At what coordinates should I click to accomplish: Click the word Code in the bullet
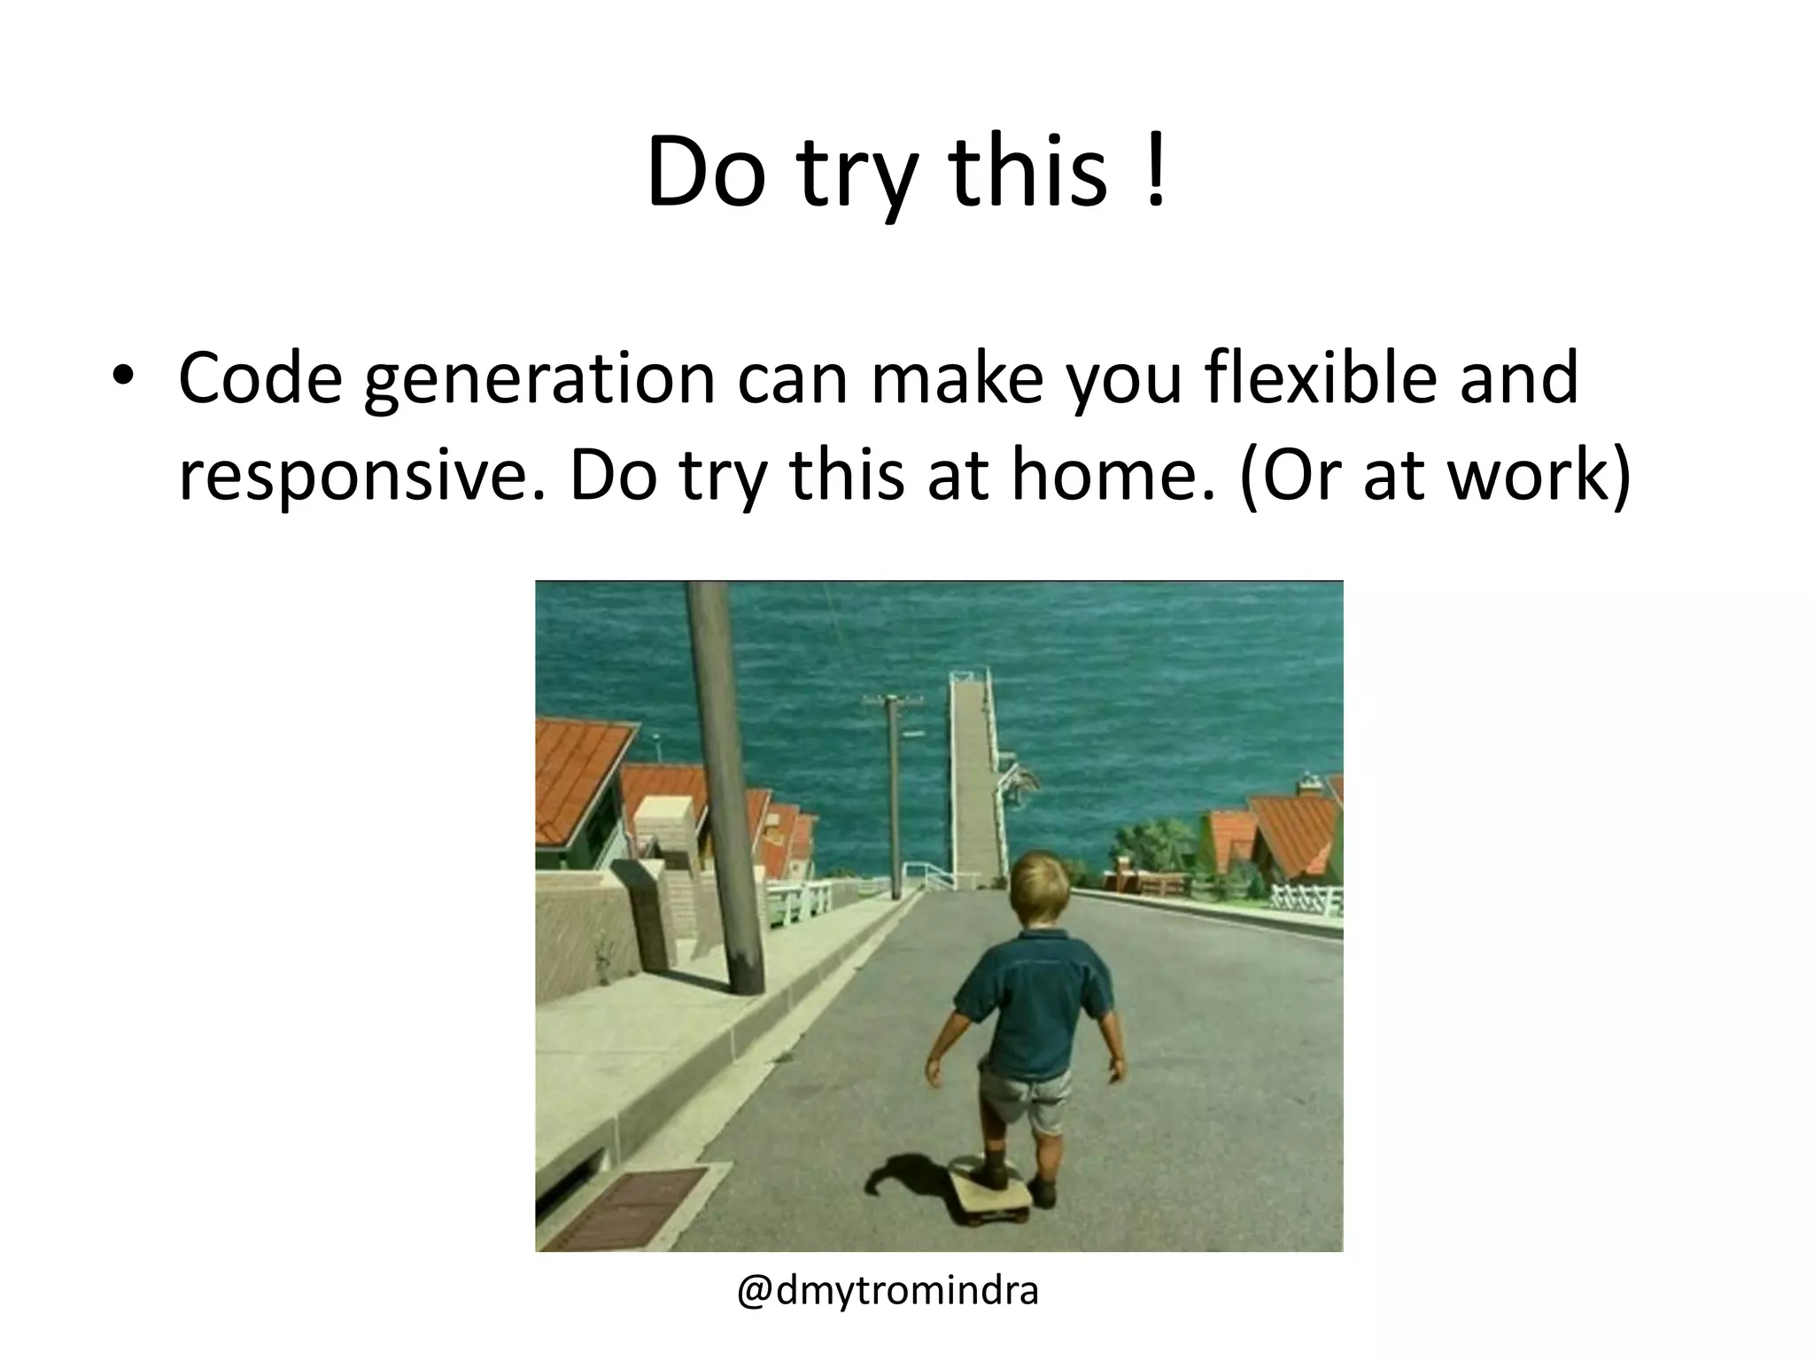tap(260, 378)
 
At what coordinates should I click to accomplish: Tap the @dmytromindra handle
tap(888, 1291)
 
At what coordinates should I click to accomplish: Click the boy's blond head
tap(1042, 890)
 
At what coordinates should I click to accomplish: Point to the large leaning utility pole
tap(725, 780)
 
